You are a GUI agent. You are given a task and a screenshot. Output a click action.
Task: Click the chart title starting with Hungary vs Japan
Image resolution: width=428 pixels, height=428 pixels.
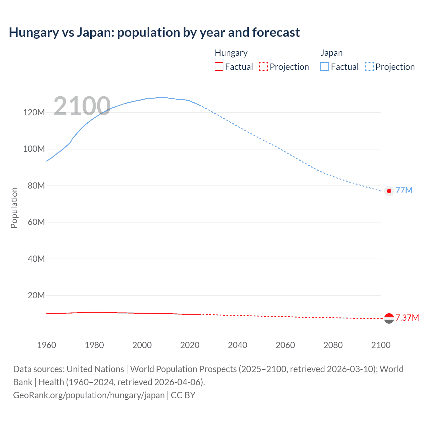[x=154, y=32]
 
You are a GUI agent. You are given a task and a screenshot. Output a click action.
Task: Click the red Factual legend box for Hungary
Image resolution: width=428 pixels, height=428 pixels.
[x=219, y=67]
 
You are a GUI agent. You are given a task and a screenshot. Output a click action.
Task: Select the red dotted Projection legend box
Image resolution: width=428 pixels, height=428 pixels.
[x=263, y=67]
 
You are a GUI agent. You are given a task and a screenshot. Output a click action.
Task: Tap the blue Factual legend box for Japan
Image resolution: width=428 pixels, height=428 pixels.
[x=325, y=67]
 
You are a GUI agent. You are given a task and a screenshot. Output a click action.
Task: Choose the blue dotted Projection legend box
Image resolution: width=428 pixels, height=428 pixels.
[x=369, y=67]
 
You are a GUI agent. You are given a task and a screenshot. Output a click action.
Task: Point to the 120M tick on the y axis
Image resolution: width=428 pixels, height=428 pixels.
[x=34, y=112]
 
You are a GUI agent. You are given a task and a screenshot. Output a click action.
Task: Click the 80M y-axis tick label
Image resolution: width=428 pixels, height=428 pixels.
[x=36, y=186]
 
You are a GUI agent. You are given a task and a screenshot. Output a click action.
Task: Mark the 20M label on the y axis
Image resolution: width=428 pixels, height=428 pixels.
[x=36, y=295]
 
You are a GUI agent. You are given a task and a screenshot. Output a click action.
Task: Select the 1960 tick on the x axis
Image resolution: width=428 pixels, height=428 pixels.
[x=46, y=345]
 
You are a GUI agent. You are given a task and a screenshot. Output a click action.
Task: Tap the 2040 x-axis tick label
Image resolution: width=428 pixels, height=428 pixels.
[x=237, y=345]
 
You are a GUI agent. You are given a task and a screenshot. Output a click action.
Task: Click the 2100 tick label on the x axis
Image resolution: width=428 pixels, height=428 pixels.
[x=381, y=345]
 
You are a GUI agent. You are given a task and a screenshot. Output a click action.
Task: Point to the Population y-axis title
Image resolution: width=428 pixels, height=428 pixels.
[x=14, y=208]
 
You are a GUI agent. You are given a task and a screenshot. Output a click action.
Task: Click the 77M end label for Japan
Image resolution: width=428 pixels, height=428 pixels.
[x=404, y=190]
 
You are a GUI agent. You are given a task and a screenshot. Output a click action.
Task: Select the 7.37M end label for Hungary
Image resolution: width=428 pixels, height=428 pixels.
[x=407, y=318]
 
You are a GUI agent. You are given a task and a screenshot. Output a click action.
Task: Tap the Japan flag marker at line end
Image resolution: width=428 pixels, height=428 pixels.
[x=389, y=191]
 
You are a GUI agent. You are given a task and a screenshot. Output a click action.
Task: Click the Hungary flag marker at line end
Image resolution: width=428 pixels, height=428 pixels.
[x=389, y=318]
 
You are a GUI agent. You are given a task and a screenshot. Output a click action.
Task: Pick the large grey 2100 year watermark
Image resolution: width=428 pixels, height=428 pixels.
[x=82, y=106]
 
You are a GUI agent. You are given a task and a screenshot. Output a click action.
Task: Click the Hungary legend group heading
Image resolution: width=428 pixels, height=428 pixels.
[x=231, y=53]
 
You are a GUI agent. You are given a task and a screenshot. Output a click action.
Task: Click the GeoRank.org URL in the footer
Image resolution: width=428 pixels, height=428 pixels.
[x=89, y=395]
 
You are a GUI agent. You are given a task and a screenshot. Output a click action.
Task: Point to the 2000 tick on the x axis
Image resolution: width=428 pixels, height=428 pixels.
[x=142, y=345]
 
